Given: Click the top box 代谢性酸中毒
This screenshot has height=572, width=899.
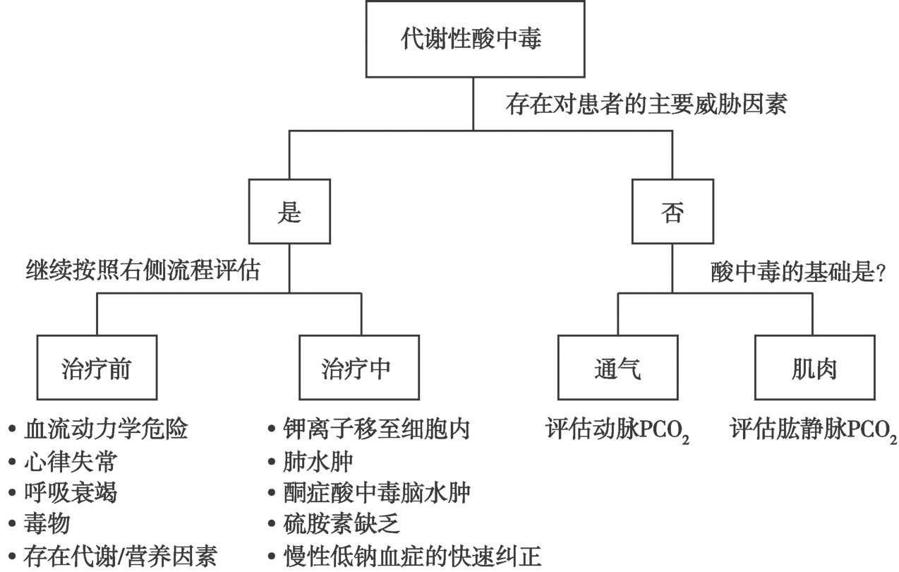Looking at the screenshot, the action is click(475, 39).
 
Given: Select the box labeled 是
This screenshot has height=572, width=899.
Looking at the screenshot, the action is click(289, 211).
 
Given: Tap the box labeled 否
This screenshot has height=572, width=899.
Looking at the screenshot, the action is click(672, 211).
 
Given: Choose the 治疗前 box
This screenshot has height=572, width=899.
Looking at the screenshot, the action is click(97, 367).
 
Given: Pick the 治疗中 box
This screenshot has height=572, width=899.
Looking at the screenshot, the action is click(359, 367).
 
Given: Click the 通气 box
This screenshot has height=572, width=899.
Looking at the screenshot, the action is click(618, 367).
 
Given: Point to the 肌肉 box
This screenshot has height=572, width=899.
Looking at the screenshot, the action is click(815, 367).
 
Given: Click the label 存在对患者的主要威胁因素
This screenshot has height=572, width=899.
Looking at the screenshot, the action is click(646, 105).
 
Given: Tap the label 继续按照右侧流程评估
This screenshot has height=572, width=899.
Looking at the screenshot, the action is click(143, 270).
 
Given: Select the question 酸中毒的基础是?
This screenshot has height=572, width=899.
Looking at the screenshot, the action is click(798, 273).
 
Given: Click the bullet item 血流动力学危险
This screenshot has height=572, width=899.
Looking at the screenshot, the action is click(97, 429).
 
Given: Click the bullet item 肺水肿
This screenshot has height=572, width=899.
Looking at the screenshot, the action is click(310, 461).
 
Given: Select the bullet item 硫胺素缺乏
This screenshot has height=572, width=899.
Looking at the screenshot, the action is click(334, 524).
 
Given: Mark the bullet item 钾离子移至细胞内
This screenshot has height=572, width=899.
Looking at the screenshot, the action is click(369, 429).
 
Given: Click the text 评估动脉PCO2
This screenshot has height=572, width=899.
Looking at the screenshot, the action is click(617, 431).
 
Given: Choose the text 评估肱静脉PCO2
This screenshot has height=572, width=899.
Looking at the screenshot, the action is click(814, 431).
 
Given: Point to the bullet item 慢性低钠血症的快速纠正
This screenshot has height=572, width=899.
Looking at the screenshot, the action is click(404, 556).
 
